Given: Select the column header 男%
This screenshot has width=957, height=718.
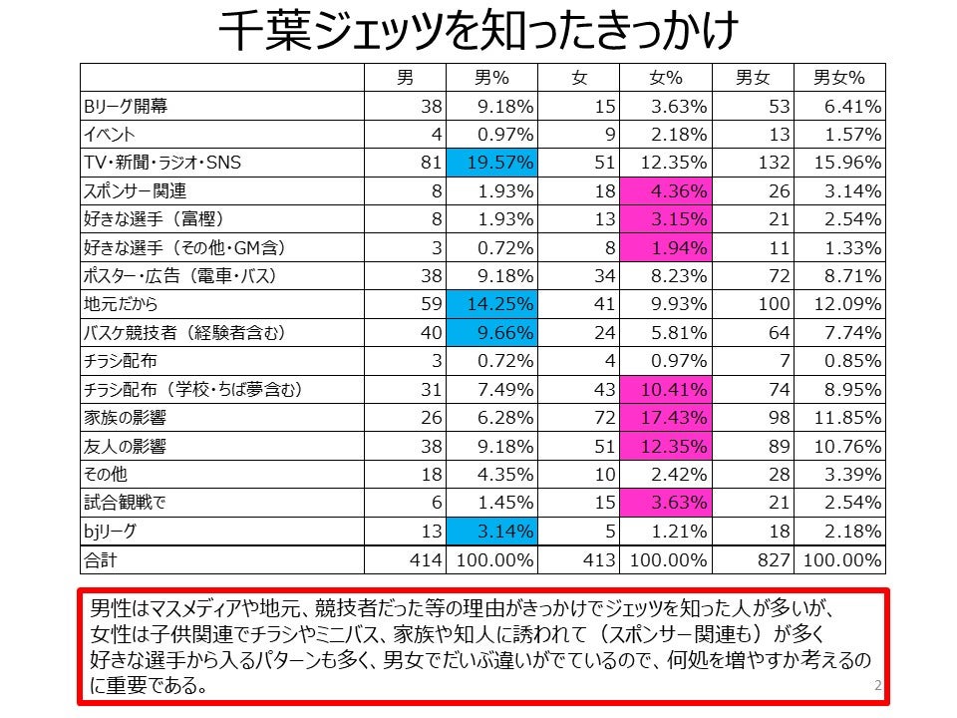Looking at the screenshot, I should pos(490,78).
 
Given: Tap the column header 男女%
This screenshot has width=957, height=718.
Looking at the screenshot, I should pos(838,78).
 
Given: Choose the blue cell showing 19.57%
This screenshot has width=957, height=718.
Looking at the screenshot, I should pos(491,163).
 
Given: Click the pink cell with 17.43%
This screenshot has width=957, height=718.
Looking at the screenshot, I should pos(665,418).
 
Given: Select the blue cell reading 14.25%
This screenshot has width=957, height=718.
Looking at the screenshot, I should pos(491,304).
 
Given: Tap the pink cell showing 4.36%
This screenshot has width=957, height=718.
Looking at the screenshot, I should pos(665,191).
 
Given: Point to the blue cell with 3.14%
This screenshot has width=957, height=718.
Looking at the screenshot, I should pos(491,532).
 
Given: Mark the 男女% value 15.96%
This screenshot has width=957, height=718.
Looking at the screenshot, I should pos(838,163).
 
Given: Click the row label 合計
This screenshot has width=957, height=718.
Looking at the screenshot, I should pos(101,560).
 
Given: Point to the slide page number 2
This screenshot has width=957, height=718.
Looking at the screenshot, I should pos(876,686).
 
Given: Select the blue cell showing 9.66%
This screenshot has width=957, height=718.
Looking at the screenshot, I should pos(491,333).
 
